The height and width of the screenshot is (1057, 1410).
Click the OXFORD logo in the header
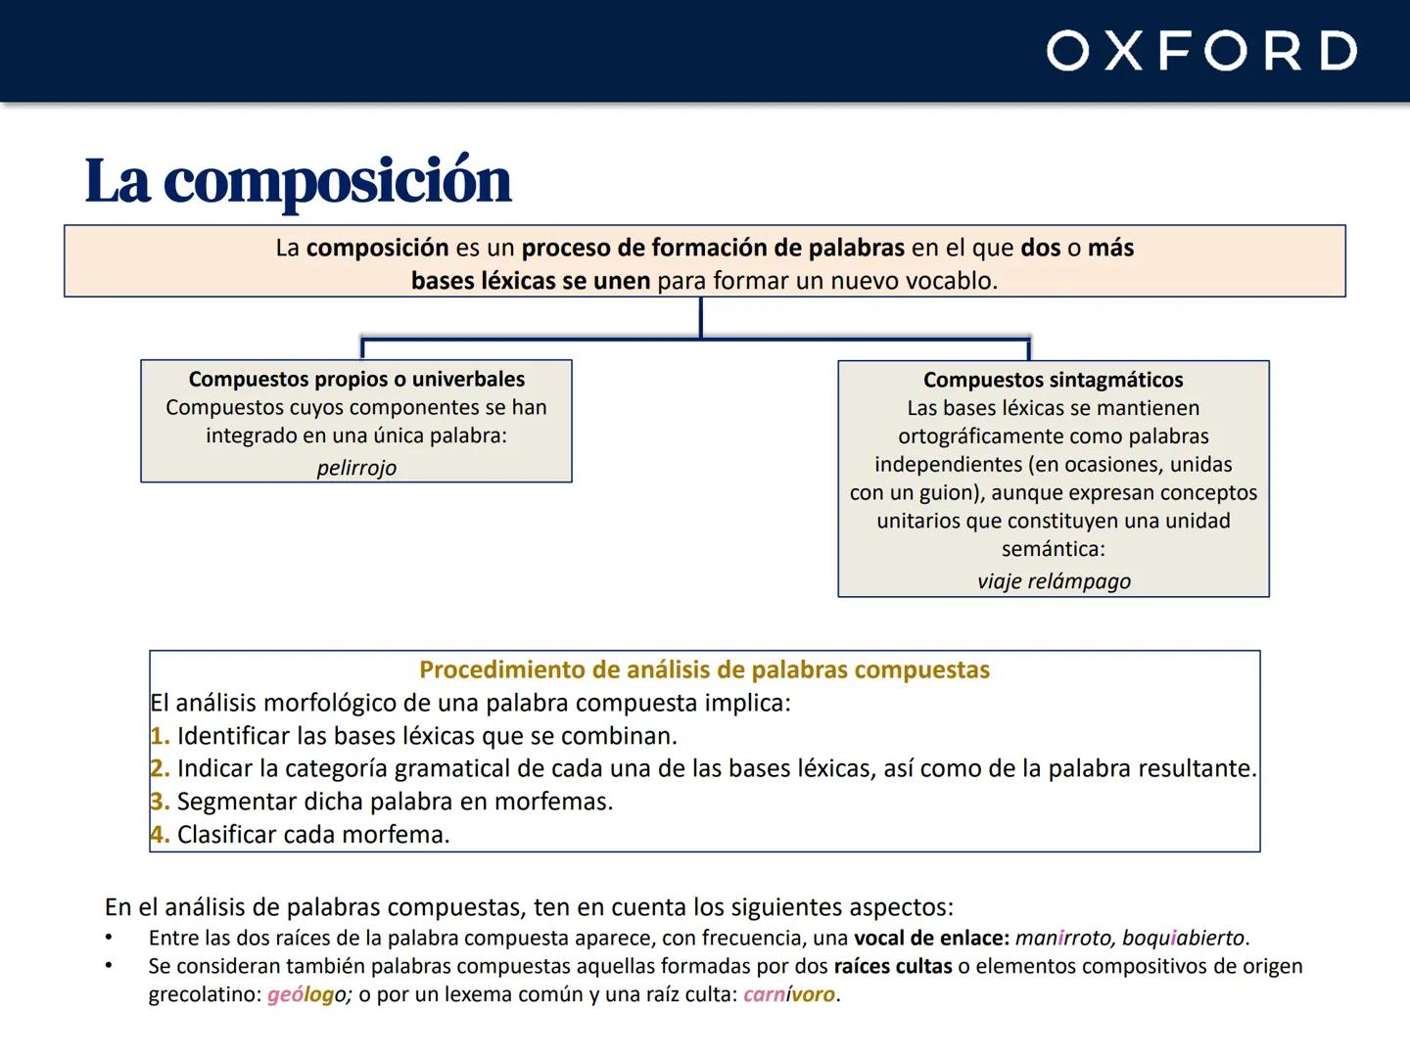[x=1201, y=51]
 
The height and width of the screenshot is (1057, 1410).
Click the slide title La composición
[x=298, y=181]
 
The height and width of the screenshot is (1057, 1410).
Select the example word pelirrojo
[x=356, y=468]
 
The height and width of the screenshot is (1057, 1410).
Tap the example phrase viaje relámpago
[x=1054, y=581]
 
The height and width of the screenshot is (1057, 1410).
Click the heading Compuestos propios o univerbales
[x=356, y=379]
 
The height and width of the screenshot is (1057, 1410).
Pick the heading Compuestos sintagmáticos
[x=1054, y=380]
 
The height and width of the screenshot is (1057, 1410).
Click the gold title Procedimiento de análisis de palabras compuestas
[x=704, y=670]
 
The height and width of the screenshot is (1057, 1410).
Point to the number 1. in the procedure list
[x=161, y=736]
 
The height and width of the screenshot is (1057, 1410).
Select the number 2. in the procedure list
[x=161, y=769]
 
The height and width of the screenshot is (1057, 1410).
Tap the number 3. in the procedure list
[x=161, y=802]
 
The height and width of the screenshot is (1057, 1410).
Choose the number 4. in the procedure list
[x=161, y=835]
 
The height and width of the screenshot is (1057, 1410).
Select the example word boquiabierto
[x=1183, y=938]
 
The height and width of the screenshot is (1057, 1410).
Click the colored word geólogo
[x=308, y=995]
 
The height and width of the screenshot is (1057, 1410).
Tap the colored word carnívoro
[x=789, y=995]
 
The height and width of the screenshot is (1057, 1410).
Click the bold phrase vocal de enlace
[x=931, y=938]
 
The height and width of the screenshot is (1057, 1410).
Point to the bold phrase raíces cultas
[x=893, y=967]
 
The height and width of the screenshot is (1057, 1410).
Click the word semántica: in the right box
[x=1054, y=549]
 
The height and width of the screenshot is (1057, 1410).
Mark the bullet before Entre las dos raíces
[x=110, y=939]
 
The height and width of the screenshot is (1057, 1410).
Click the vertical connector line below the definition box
[x=701, y=317]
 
